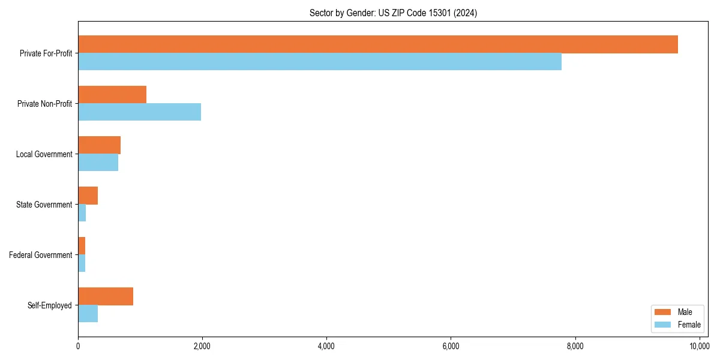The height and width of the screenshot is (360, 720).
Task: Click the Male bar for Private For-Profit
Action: (378, 44)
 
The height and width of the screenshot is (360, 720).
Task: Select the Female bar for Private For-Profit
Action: (320, 62)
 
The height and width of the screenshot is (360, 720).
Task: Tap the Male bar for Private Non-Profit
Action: (112, 95)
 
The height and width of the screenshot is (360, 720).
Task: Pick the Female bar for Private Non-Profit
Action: (139, 112)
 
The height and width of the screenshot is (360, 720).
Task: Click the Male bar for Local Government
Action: (99, 145)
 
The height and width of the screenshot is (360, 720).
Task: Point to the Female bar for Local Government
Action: (98, 163)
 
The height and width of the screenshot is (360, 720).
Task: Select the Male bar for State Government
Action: (88, 196)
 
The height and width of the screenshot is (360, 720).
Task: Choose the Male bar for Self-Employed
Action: (106, 296)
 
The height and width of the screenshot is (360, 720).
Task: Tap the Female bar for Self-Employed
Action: (88, 314)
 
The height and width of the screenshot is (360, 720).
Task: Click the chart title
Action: (393, 13)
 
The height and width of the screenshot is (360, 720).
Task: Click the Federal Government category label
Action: (41, 255)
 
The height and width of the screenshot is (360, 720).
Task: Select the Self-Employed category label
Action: (50, 305)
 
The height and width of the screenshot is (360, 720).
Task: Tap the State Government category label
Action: (44, 205)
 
